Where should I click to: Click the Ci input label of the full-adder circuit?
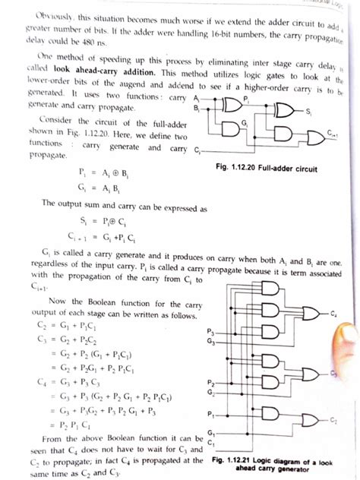coord(197,150)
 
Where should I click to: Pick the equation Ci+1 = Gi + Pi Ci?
coord(76,235)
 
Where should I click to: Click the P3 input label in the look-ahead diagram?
coord(210,333)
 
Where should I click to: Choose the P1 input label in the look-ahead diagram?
coord(210,415)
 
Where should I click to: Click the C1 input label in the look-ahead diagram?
coord(210,443)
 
